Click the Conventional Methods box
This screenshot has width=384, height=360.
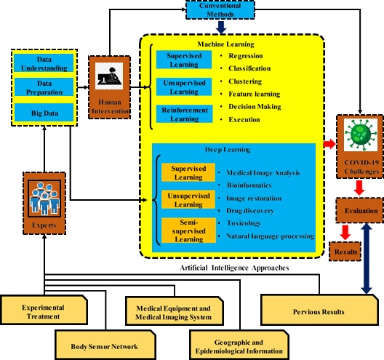pyautogui.click(x=220, y=9)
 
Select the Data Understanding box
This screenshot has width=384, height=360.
pyautogui.click(x=44, y=63)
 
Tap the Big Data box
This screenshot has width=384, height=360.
pyautogui.click(x=44, y=113)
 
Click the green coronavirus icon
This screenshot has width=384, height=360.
pyautogui.click(x=361, y=135)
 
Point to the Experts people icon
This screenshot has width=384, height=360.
pyautogui.click(x=44, y=199)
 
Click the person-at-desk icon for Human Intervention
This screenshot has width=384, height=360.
pyautogui.click(x=109, y=76)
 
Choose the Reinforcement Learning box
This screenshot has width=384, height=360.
pyautogui.click(x=185, y=114)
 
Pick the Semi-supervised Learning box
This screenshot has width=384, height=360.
pyautogui.click(x=188, y=231)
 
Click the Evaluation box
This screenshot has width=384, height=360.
pyautogui.click(x=360, y=210)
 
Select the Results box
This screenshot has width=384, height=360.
pyautogui.click(x=345, y=251)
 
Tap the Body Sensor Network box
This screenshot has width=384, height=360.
pyautogui.click(x=105, y=345)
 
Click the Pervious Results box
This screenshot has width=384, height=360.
pyautogui.click(x=319, y=310)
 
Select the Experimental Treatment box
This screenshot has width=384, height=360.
pyautogui.click(x=44, y=310)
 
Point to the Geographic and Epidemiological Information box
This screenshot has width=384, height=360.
pyautogui.click(x=239, y=345)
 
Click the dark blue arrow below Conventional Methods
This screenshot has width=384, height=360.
pyautogui.click(x=221, y=27)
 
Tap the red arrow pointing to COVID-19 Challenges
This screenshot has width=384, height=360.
pyautogui.click(x=329, y=144)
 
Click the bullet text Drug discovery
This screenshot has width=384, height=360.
pyautogui.click(x=249, y=211)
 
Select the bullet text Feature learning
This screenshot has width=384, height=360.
pyautogui.click(x=255, y=94)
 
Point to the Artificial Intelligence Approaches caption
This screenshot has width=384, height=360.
pyautogui.click(x=234, y=268)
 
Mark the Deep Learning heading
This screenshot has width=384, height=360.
pyautogui.click(x=228, y=150)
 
